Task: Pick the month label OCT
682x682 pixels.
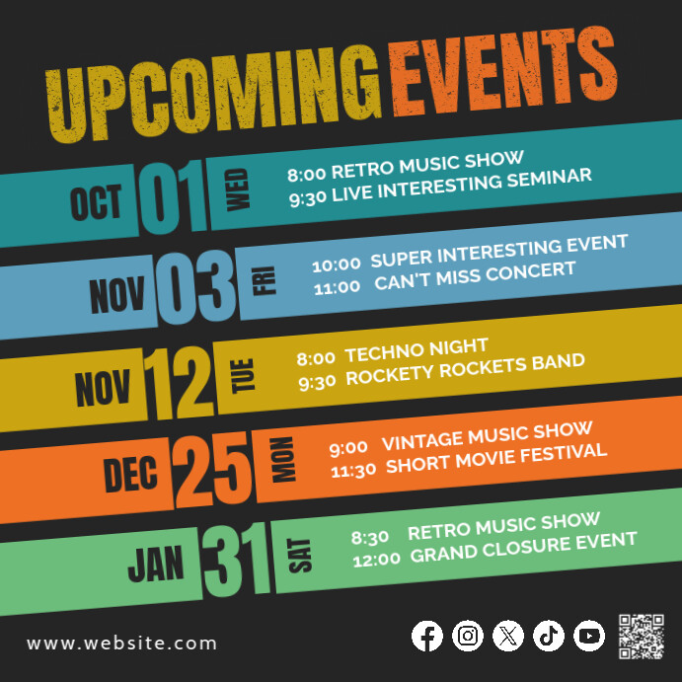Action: (x=96, y=203)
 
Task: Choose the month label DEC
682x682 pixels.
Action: (x=130, y=475)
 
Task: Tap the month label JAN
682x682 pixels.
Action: (x=156, y=566)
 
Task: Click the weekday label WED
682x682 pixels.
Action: (x=239, y=189)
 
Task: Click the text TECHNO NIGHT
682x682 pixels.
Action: (x=417, y=349)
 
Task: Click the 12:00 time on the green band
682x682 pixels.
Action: (x=376, y=558)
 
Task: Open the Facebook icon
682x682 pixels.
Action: (x=427, y=636)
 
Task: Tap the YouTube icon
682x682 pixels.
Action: (x=589, y=636)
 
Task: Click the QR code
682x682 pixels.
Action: (x=641, y=635)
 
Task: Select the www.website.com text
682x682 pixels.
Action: (x=122, y=644)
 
